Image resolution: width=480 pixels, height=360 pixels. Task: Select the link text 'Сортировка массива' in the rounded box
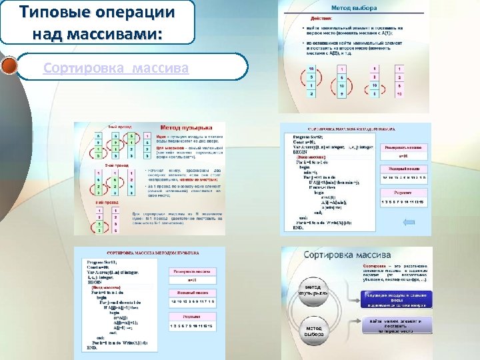point(116,68)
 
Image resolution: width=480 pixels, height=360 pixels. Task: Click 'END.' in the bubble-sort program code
point(91,347)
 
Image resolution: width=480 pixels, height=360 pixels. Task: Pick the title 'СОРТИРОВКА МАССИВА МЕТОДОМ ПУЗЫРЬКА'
point(153,254)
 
